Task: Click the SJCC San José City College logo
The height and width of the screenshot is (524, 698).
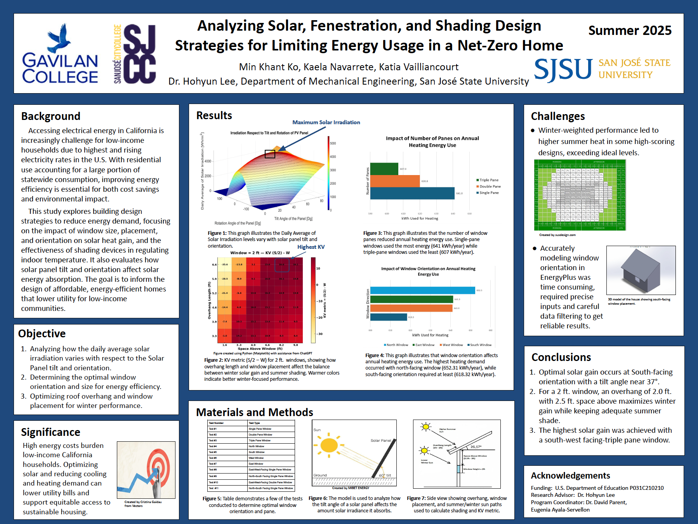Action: click(x=135, y=54)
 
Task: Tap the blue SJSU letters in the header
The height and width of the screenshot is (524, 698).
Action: click(x=563, y=69)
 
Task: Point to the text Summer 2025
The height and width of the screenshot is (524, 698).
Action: click(x=630, y=30)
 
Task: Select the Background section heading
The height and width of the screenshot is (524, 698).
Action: click(x=51, y=116)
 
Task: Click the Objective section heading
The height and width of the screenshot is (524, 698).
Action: click(x=42, y=333)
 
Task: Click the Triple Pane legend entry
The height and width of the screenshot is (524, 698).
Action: click(x=488, y=180)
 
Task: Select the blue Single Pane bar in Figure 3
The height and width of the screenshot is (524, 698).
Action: click(x=412, y=193)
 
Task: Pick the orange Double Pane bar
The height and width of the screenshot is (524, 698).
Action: click(x=395, y=181)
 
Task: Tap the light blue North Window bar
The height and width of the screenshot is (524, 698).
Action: click(x=422, y=290)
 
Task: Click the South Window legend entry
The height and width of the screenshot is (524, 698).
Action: click(x=480, y=345)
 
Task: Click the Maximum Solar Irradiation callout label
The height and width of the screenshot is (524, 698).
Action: click(x=326, y=122)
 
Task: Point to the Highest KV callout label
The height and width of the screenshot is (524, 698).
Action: click(x=311, y=247)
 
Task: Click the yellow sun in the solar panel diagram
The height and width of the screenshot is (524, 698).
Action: click(x=329, y=445)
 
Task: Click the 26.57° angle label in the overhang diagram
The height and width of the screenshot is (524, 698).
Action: click(x=476, y=447)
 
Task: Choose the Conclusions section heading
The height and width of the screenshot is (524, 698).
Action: click(x=561, y=357)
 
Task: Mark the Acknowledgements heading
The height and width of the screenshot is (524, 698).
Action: click(x=570, y=475)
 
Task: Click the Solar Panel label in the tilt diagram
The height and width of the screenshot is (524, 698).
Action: click(x=380, y=441)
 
